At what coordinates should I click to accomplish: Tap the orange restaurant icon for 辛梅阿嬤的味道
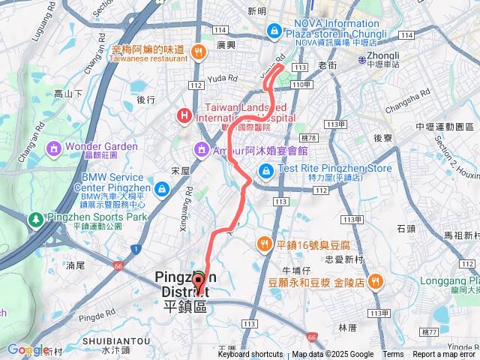click(x=198, y=52)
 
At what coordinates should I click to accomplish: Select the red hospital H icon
click(x=182, y=115)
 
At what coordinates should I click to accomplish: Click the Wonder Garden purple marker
click(x=54, y=146)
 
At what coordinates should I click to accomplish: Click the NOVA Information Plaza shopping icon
click(x=274, y=30)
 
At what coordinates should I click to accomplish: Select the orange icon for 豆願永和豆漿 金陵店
click(x=376, y=281)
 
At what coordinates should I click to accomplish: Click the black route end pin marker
click(x=199, y=283)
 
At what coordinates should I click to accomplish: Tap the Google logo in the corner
click(x=27, y=349)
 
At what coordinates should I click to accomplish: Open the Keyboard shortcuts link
click(x=250, y=355)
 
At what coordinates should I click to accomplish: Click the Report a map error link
click(x=444, y=355)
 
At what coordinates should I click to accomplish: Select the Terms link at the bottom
click(x=393, y=355)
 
